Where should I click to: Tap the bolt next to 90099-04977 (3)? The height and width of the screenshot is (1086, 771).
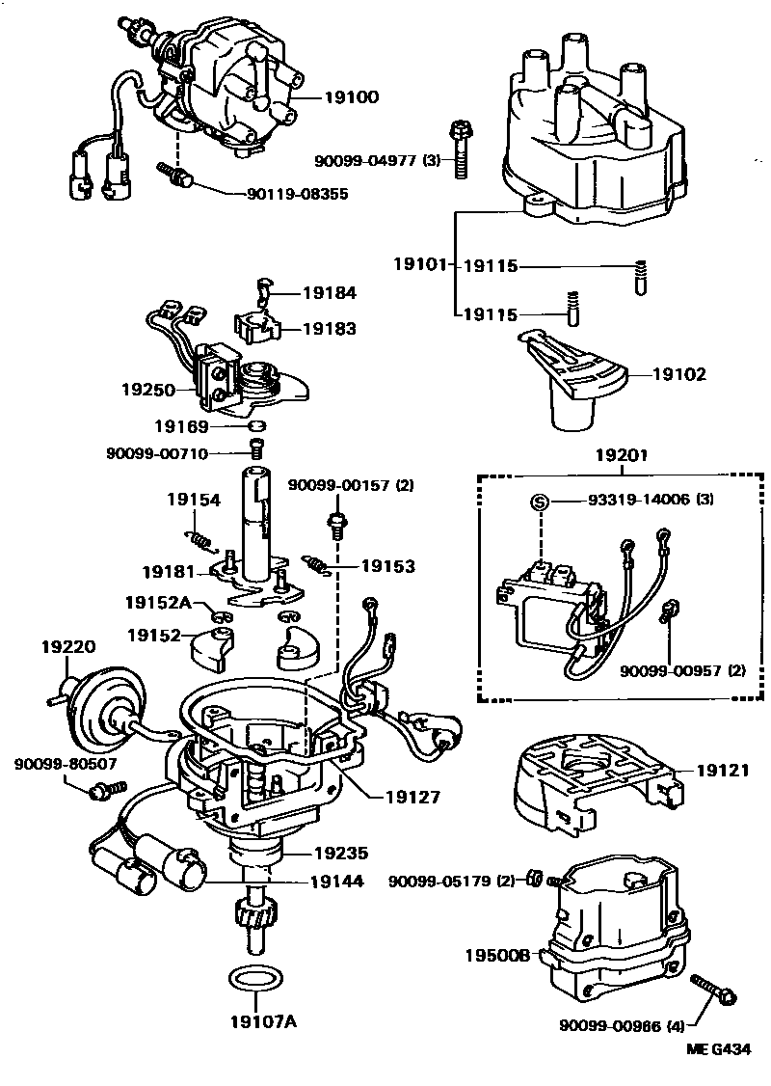(x=459, y=150)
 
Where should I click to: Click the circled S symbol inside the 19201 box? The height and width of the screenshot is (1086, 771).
(x=540, y=501)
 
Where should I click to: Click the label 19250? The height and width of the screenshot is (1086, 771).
(x=146, y=390)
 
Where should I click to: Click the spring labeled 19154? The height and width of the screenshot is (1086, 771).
(x=200, y=534)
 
